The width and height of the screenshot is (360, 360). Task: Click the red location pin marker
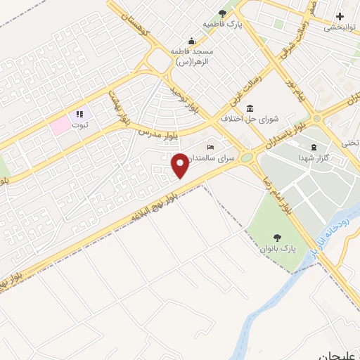point(180,165)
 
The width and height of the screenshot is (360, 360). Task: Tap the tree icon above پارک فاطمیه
point(223,13)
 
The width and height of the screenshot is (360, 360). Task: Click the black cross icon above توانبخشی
point(340,16)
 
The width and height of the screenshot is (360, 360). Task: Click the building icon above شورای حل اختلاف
point(250,108)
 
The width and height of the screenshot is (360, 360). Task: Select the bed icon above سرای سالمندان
point(210,147)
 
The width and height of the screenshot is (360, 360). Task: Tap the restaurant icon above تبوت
point(79,113)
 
